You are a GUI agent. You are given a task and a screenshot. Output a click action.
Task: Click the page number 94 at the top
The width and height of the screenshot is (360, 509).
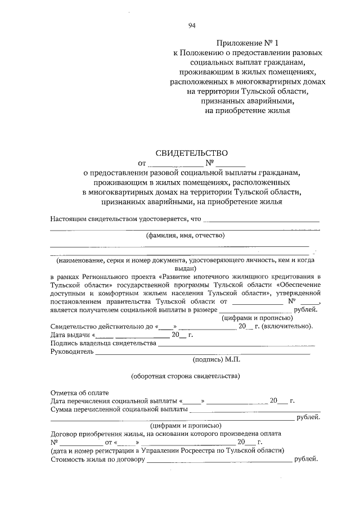click(192, 25)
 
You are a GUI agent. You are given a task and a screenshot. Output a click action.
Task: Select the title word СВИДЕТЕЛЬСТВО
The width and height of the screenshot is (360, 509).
click(191, 152)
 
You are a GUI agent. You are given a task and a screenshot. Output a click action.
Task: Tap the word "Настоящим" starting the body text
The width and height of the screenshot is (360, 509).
click(69, 219)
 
